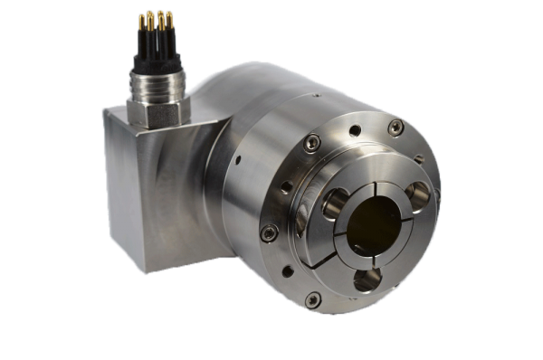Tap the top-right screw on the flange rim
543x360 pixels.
(395, 128)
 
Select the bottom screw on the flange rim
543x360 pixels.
(313, 298)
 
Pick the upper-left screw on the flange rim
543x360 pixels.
(311, 142)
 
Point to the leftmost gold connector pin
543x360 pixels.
(141, 21)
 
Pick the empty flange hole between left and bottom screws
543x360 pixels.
(283, 270)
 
